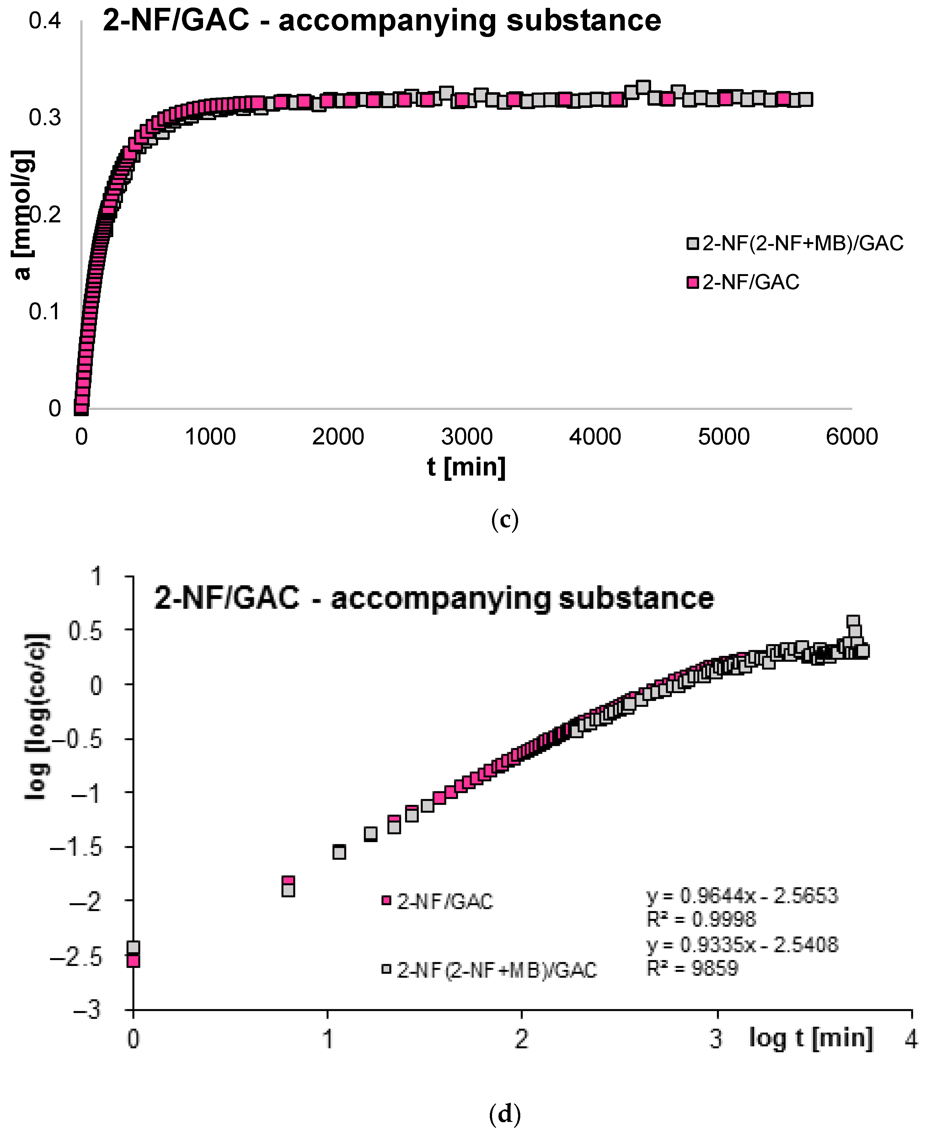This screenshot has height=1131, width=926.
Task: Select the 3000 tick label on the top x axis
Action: [467, 437]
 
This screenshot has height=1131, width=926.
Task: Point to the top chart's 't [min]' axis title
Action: [466, 467]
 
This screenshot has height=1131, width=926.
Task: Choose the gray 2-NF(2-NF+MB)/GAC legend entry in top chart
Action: [795, 243]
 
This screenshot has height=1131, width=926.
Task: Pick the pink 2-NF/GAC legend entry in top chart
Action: [744, 282]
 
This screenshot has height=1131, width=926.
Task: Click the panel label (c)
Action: [504, 519]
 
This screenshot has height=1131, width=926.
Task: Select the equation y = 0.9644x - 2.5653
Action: [742, 896]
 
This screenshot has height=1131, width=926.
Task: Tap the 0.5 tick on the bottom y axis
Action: [84, 631]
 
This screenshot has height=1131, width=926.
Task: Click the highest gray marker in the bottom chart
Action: [853, 621]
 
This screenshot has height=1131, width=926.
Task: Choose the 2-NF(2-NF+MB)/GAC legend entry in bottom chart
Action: [490, 970]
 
